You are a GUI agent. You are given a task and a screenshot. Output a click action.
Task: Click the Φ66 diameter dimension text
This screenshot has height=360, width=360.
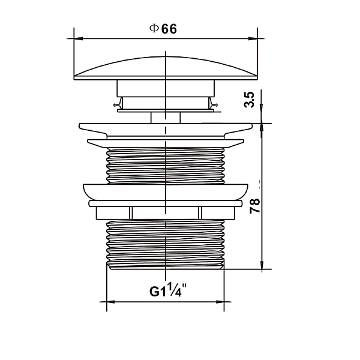click(x=163, y=29)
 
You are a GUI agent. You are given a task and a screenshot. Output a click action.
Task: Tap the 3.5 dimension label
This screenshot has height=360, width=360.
click(x=250, y=100)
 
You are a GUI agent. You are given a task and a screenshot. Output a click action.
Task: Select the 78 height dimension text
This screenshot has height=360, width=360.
click(x=255, y=206)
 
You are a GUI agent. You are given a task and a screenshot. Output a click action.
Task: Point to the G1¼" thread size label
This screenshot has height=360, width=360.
click(x=168, y=290)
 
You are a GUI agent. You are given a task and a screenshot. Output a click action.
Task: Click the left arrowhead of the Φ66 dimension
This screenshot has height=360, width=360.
click(x=78, y=38)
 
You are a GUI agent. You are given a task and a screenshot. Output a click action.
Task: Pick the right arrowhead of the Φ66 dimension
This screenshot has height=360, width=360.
click(x=253, y=38)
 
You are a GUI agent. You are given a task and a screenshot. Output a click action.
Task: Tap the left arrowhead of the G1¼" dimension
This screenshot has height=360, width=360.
click(x=111, y=302)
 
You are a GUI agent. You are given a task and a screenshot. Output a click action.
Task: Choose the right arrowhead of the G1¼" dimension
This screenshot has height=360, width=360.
click(x=220, y=302)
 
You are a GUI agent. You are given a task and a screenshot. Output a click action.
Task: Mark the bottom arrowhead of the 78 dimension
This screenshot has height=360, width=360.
click(x=262, y=265)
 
